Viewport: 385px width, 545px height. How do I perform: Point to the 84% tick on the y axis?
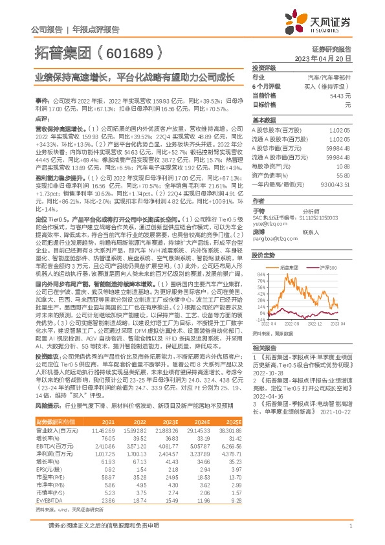[x=260, y=275]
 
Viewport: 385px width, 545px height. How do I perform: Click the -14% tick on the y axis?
[x=259, y=319]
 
